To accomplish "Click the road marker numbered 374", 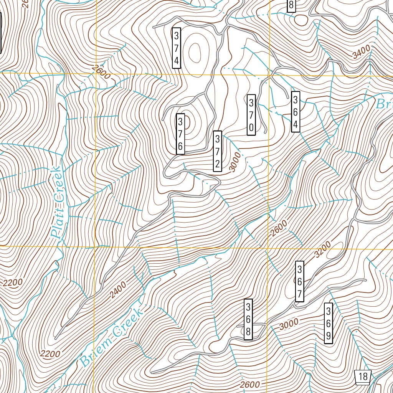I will (x=176, y=48).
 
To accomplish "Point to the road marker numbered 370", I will (x=251, y=115).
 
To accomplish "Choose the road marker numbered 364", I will (x=296, y=112).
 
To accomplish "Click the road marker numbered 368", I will (x=248, y=319).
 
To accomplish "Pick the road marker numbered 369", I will (x=329, y=323).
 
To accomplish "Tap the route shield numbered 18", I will (x=362, y=376).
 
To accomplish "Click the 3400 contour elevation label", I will (x=362, y=51).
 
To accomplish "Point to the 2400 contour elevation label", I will (x=117, y=290).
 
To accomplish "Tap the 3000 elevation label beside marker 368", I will (x=289, y=325).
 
